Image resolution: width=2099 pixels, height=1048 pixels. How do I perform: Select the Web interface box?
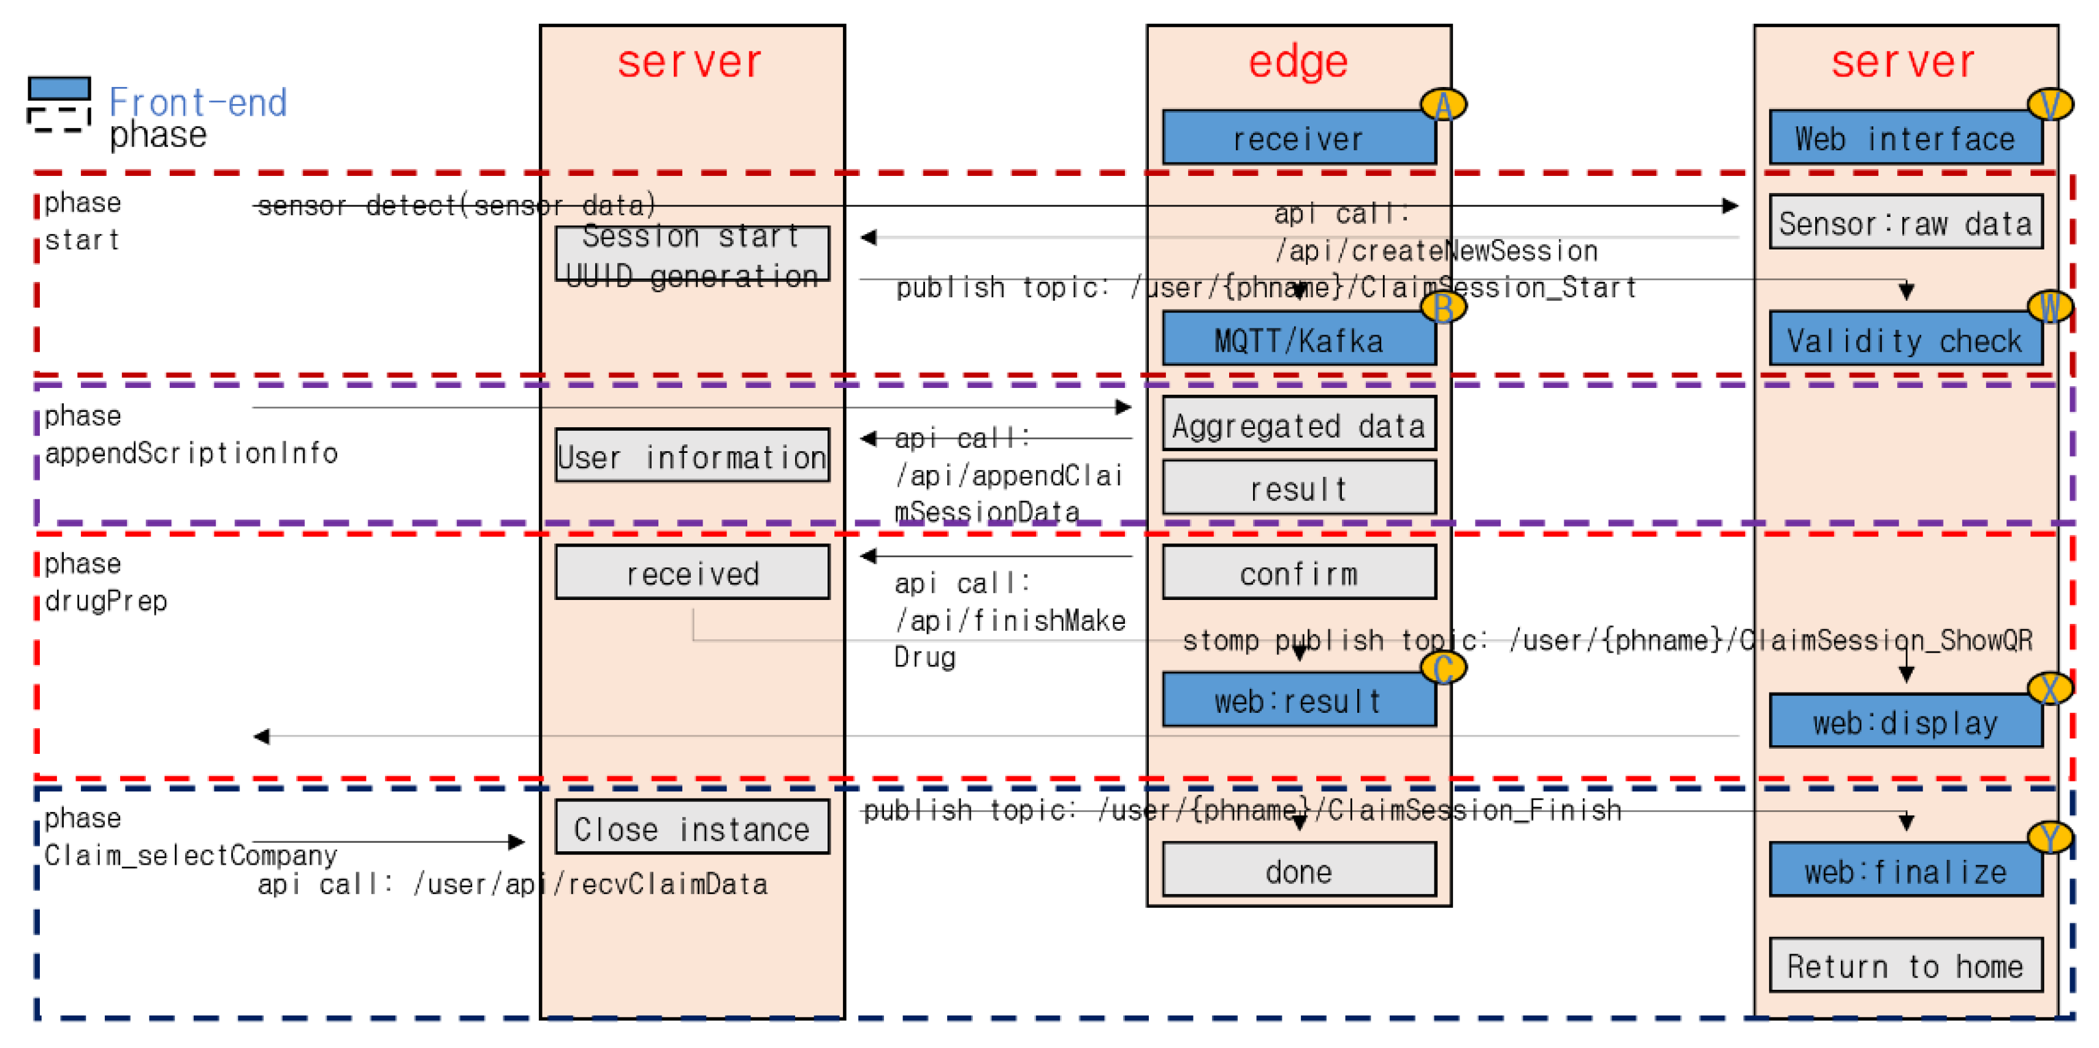tap(1905, 139)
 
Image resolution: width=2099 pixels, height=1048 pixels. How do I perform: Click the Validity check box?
tap(1905, 340)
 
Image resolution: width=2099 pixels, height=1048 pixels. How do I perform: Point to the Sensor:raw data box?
tap(1905, 222)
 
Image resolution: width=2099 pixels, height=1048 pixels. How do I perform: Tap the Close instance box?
tap(691, 829)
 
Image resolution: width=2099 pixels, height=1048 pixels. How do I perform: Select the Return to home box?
tap(1905, 966)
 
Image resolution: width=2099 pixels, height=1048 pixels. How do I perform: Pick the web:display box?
tap(1905, 722)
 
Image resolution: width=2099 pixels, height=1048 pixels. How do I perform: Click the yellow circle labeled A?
tap(1443, 104)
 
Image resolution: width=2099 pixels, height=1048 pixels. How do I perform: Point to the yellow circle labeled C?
tap(1443, 668)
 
